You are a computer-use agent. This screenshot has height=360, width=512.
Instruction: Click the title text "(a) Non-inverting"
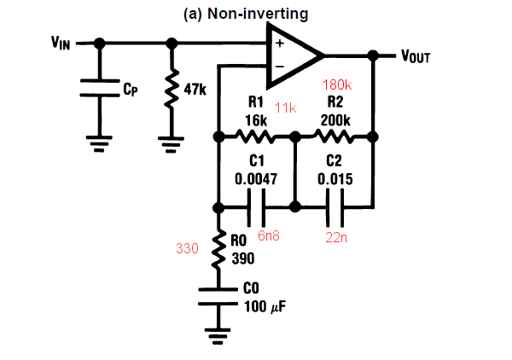[x=246, y=14]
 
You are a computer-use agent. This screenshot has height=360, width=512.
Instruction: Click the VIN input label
[x=60, y=43]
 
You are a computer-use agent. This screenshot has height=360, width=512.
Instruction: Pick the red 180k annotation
[x=338, y=85]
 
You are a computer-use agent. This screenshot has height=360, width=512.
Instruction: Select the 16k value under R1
[x=257, y=121]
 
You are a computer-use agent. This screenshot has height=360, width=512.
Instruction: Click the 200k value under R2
[x=335, y=121]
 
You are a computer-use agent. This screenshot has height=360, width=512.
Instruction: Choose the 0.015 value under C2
[x=334, y=179]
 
